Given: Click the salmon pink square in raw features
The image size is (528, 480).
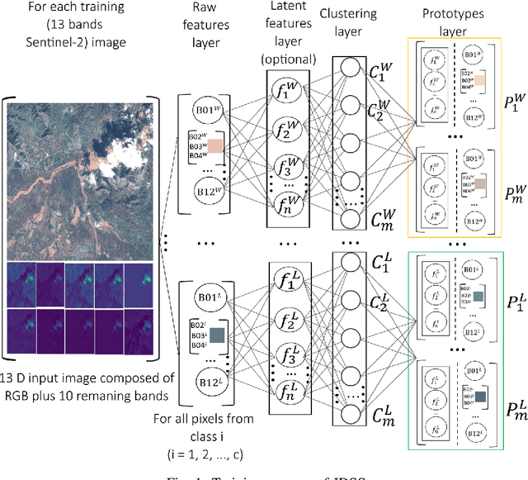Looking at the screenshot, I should [215, 146].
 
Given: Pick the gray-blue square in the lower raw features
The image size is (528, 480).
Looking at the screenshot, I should [217, 335].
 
